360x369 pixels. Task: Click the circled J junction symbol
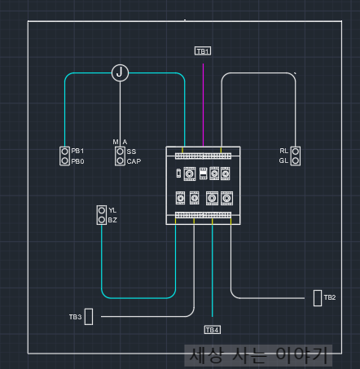[120, 72]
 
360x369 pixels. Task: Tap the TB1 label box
[203, 51]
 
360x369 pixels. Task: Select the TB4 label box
[213, 330]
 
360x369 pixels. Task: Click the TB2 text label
[330, 297]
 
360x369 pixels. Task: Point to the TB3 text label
[75, 317]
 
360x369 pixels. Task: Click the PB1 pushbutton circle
[65, 152]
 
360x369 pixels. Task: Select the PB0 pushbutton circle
[65, 160]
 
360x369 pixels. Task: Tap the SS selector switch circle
[120, 152]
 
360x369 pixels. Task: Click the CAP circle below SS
[120, 160]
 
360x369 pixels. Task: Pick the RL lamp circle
[296, 152]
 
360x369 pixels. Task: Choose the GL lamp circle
[296, 160]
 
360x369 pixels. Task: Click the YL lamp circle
[102, 210]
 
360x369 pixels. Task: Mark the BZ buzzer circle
[102, 220]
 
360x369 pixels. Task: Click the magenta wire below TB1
[203, 105]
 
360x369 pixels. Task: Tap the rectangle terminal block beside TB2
[318, 298]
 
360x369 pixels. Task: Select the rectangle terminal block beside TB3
[89, 317]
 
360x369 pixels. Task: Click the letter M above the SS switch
[116, 142]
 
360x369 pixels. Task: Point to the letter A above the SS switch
[125, 142]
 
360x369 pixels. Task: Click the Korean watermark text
[258, 355]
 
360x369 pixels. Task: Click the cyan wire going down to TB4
[213, 270]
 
